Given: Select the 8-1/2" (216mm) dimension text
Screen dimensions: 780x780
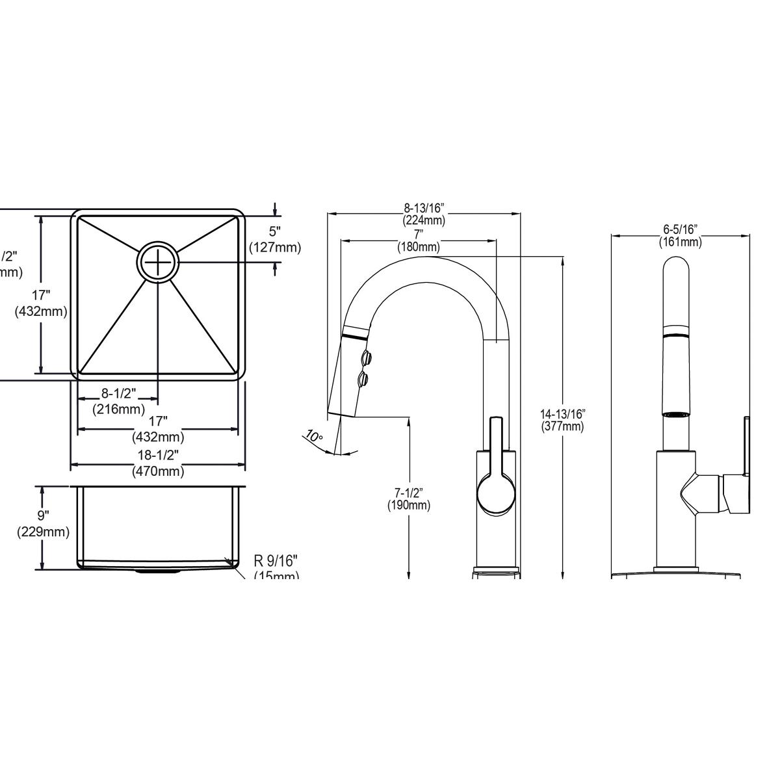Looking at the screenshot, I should click(x=118, y=401).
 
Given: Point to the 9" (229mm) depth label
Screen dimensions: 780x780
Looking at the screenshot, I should click(x=43, y=524).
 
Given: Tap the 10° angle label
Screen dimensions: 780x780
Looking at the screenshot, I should click(x=314, y=437).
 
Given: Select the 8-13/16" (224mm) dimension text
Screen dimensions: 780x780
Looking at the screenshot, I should click(x=423, y=214).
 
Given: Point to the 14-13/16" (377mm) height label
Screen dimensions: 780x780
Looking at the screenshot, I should click(x=563, y=420).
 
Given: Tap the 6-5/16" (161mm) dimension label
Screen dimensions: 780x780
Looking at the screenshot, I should click(x=681, y=235).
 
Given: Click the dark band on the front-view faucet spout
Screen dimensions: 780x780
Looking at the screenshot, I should click(x=677, y=335).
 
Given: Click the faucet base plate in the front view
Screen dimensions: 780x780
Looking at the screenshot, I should click(x=677, y=574).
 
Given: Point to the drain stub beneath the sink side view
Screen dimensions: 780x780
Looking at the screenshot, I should click(x=156, y=572).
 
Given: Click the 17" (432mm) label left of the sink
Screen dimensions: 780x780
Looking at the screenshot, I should click(x=40, y=303).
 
